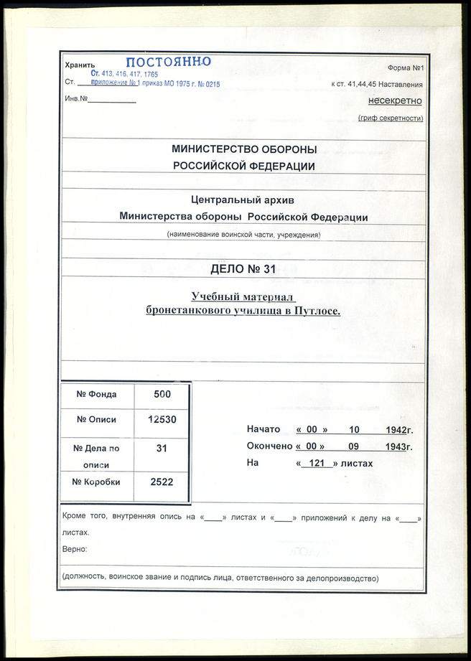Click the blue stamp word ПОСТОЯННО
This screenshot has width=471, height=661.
coord(169,62)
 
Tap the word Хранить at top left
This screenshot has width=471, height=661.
coord(80,65)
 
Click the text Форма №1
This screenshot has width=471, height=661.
coord(406,67)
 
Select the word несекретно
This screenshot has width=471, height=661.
coord(395,101)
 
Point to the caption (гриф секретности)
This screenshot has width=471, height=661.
coord(391,118)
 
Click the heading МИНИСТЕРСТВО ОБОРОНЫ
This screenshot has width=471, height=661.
coord(244,149)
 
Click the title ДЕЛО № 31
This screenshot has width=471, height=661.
coord(243,270)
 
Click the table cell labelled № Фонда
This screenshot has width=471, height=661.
coord(96,394)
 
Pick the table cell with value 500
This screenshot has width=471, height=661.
coord(162,394)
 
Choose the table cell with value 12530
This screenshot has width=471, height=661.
coord(162,420)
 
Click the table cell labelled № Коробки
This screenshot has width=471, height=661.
coord(96,482)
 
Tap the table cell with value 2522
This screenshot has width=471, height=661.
coord(162,482)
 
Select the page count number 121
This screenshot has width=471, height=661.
coord(313,464)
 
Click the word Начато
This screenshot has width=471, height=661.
coord(263,430)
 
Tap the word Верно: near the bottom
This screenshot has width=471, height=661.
coord(75,549)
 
